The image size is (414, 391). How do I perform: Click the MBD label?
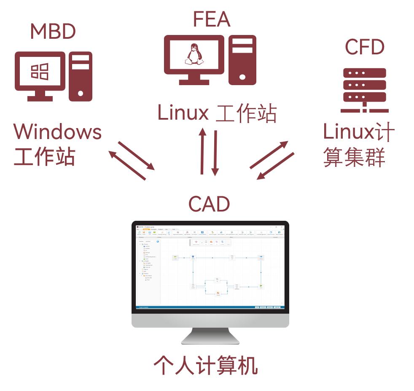click(53, 32)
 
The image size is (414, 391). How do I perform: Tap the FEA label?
click(211, 19)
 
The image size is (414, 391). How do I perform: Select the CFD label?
click(364, 47)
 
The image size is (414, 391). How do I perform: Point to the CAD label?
click(209, 204)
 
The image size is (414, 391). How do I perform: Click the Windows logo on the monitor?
click(40, 71)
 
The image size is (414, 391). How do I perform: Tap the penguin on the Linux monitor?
click(194, 55)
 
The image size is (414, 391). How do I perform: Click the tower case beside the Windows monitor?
click(80, 76)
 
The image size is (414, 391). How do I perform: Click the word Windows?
click(58, 132)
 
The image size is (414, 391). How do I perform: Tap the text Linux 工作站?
click(217, 113)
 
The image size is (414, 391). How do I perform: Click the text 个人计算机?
click(205, 365)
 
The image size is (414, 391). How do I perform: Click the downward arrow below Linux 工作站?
click(215, 153)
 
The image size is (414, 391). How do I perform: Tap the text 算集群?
click(354, 157)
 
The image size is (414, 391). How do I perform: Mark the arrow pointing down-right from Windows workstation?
click(136, 155)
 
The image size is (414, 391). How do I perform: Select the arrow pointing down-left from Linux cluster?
click(275, 166)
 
